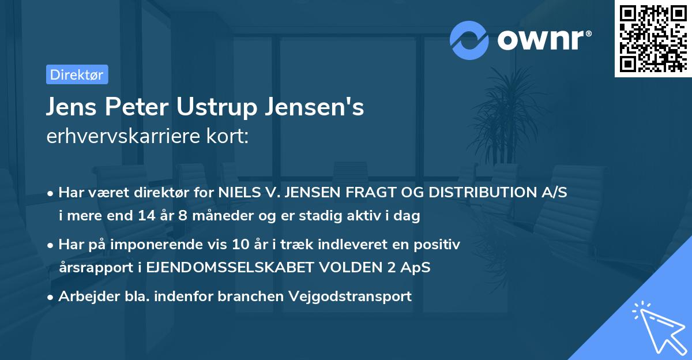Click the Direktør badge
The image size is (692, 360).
click(x=76, y=74)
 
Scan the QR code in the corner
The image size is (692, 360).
click(x=653, y=38)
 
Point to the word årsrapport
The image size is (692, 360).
click(x=88, y=268)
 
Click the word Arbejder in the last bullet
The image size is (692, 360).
click(x=84, y=297)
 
